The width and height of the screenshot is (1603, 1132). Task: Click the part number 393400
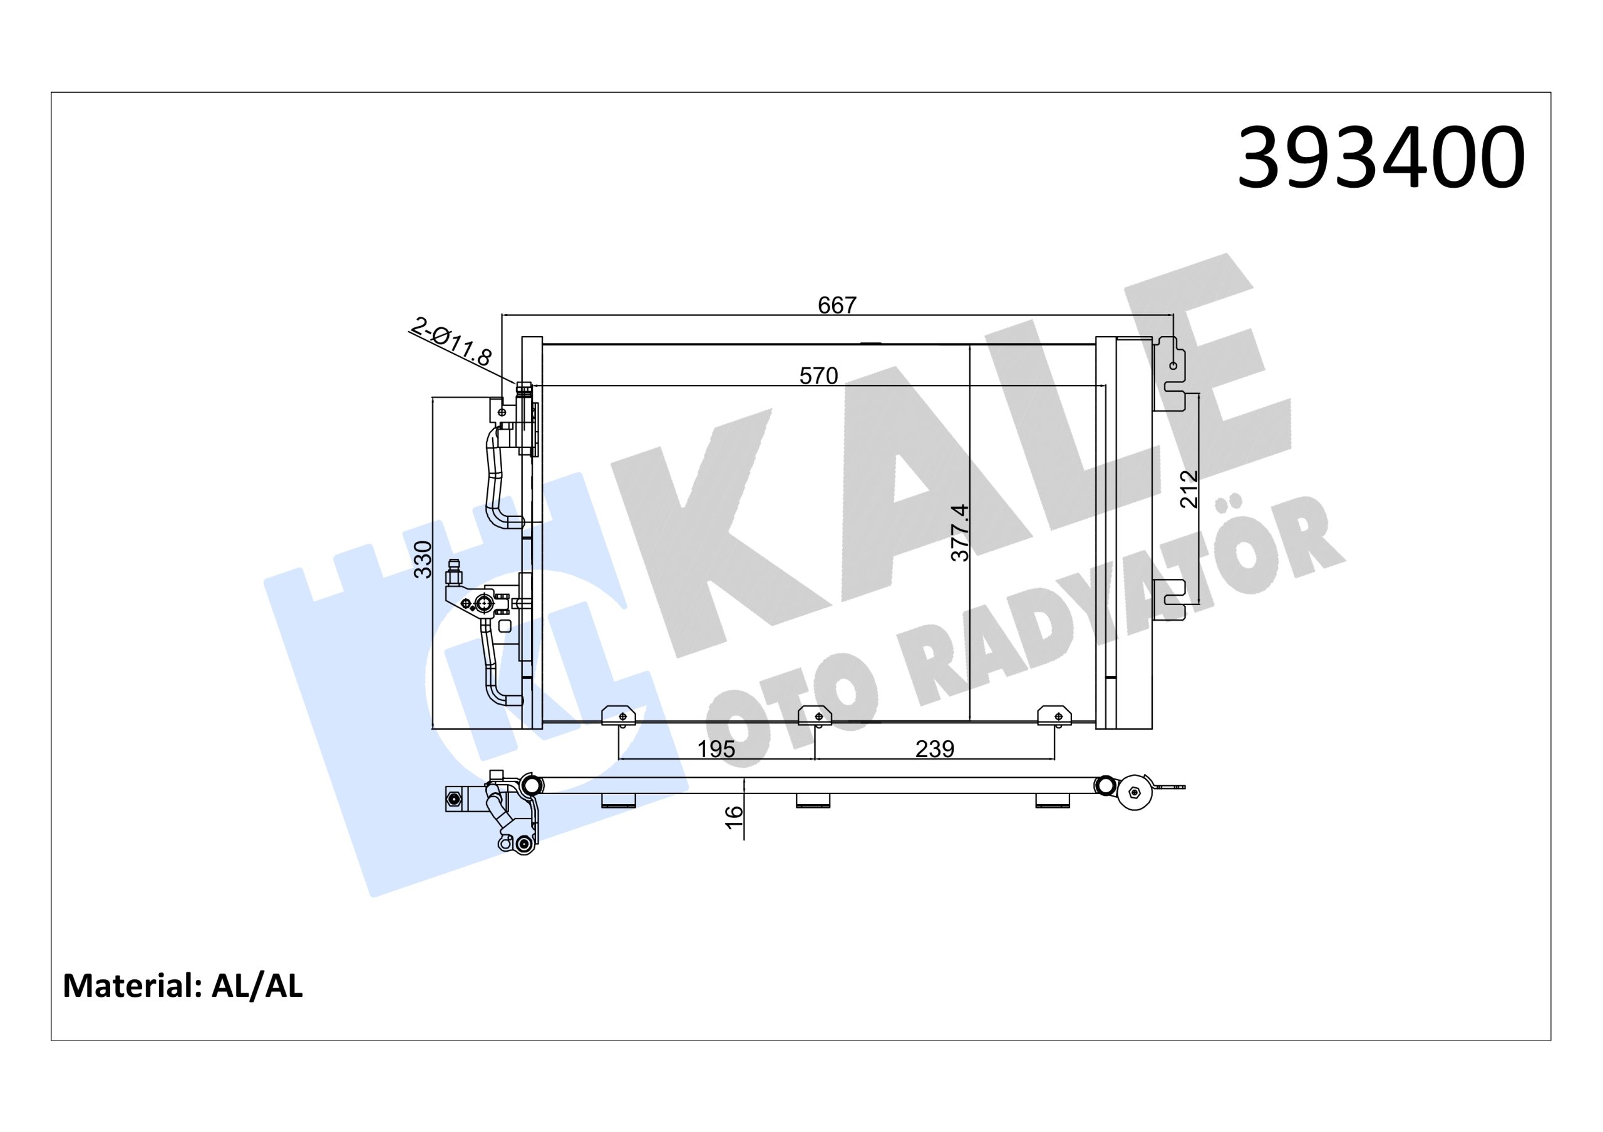point(1380,158)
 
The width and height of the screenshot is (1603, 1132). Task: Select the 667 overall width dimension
point(837,305)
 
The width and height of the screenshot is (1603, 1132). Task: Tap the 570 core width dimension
point(818,376)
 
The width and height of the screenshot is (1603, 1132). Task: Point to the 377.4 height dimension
point(961,533)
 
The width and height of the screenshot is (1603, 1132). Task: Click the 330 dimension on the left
point(424,559)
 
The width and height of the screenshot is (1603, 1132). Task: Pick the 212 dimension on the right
point(1189,489)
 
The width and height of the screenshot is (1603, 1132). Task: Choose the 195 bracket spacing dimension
point(716,749)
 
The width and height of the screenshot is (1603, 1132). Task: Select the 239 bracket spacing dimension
point(934,749)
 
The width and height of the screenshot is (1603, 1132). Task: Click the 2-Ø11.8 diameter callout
point(451,342)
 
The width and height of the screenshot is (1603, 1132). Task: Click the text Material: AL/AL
point(183,986)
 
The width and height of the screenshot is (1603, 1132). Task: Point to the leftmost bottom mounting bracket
point(619,716)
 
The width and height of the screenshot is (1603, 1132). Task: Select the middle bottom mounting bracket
point(814,716)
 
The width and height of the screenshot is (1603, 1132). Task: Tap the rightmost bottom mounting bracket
point(1054,716)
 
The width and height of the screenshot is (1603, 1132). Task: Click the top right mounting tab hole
point(1173,365)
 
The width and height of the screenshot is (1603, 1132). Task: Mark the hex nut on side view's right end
point(1133,793)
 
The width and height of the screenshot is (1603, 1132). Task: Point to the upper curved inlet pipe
point(497,482)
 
